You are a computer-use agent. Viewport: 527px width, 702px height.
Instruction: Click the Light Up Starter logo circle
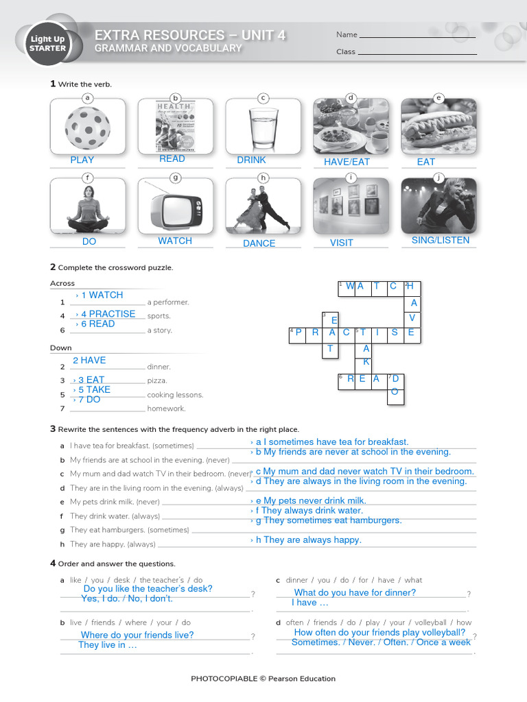pos(48,44)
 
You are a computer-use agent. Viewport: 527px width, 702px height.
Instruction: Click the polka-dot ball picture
pos(87,127)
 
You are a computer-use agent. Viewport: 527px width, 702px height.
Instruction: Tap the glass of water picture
pos(263,127)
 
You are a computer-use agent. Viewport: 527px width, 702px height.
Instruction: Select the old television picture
pos(175,205)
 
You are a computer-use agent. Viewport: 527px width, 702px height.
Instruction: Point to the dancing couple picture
pos(263,205)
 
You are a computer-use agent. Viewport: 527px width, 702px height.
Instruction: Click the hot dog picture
pos(438,127)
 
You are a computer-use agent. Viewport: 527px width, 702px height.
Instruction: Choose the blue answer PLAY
pos(82,160)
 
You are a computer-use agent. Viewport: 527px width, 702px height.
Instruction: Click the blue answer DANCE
pos(259,243)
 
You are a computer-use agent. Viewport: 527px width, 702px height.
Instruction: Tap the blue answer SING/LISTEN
pos(441,240)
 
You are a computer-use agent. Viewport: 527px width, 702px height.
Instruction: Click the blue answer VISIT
pos(341,243)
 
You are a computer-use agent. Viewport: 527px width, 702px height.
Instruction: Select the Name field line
pos(417,36)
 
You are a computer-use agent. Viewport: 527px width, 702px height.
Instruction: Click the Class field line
pos(417,53)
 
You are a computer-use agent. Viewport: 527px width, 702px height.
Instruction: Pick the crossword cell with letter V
pos(412,318)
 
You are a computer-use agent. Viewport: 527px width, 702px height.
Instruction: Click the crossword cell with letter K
pos(366,361)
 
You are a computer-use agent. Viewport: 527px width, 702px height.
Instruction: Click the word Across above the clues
pos(62,283)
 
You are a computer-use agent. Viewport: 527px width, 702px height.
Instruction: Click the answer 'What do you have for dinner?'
pos(355,592)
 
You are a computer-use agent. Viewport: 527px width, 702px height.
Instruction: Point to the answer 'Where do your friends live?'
pos(137,635)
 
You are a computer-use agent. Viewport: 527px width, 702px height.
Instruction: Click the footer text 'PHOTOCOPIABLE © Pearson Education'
pos(263,679)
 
